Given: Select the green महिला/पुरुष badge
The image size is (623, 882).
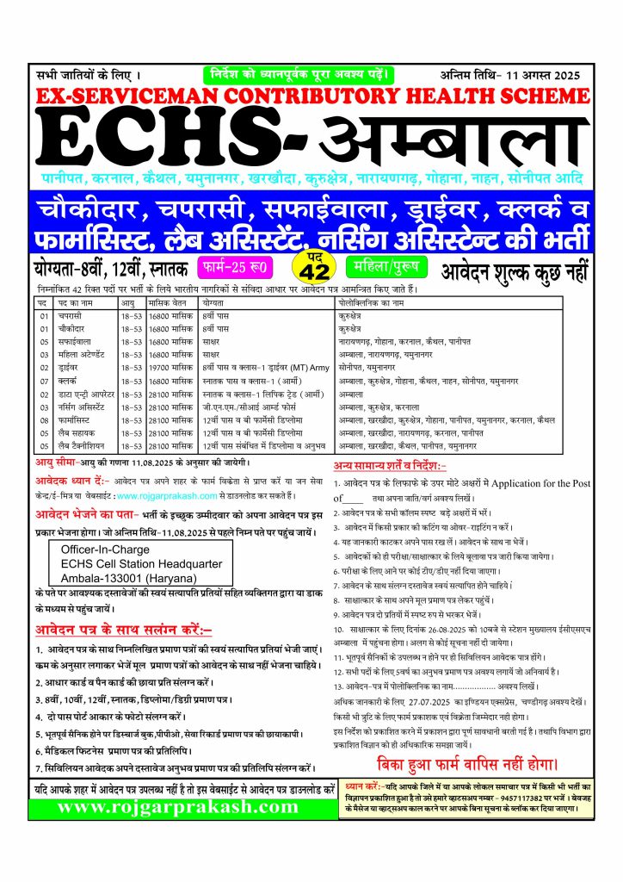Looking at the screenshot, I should (388, 264).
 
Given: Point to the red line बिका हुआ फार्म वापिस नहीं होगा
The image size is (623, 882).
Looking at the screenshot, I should (468, 764).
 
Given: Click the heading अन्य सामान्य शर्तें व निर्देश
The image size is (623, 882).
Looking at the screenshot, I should (391, 466).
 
